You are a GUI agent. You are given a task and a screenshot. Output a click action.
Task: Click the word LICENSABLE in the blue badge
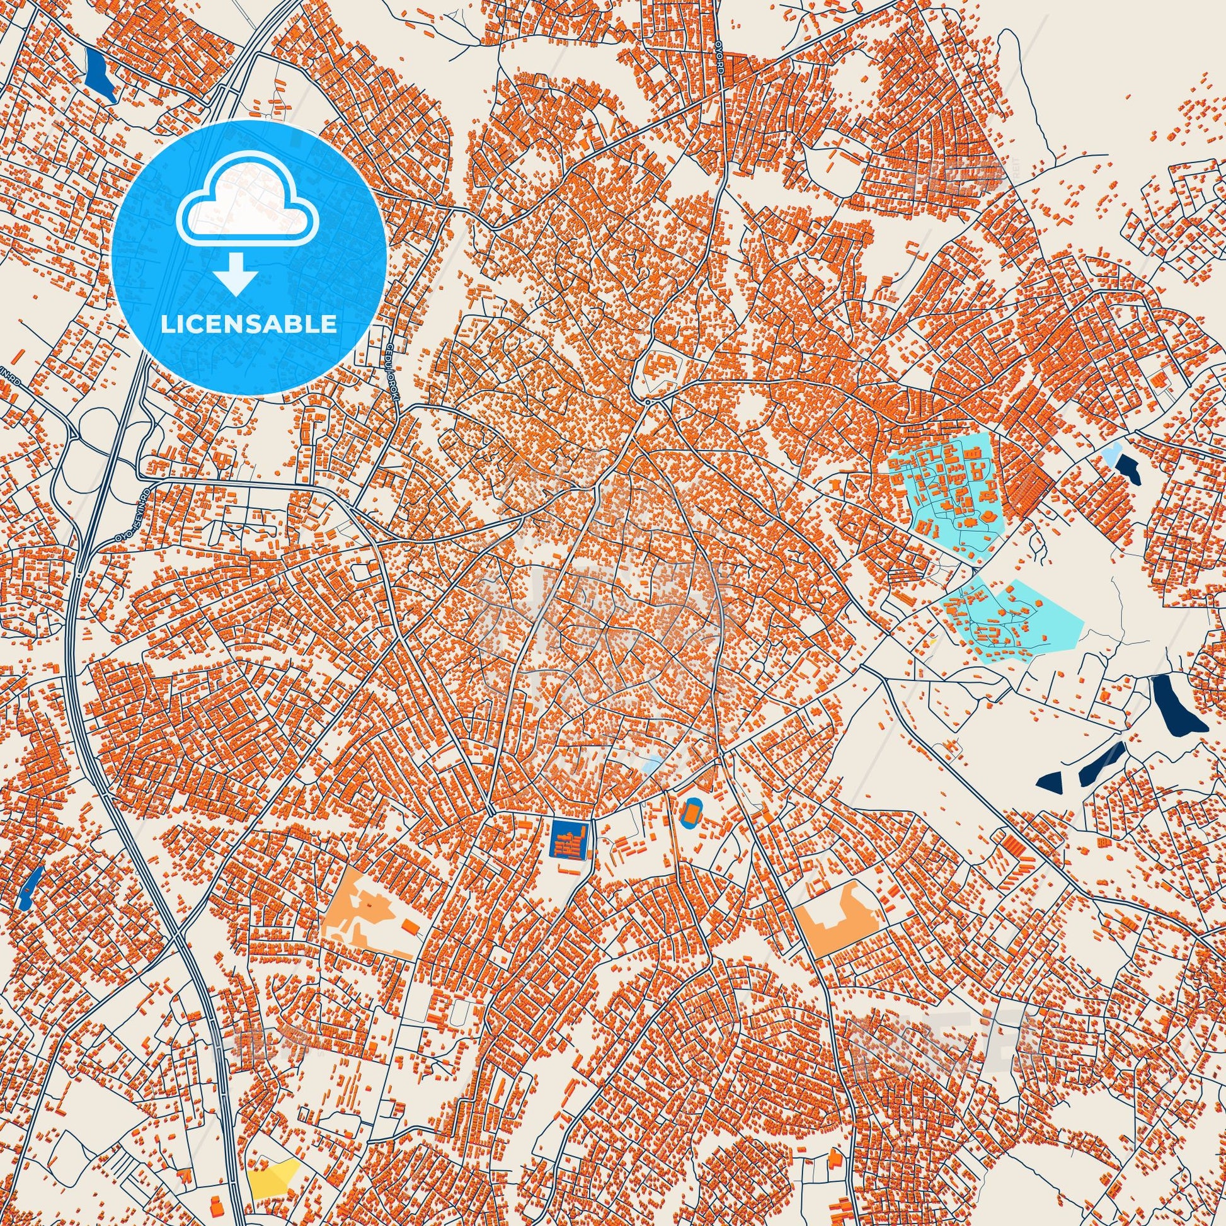tap(249, 324)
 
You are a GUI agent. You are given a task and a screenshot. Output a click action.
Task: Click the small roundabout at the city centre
tap(647, 402)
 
